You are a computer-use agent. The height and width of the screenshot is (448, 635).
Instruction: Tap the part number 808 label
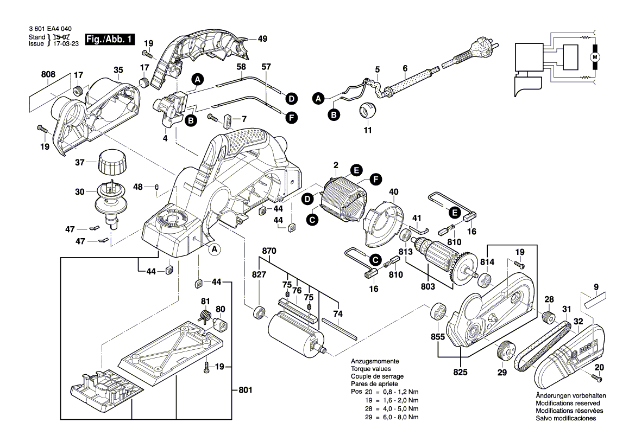tap(48, 74)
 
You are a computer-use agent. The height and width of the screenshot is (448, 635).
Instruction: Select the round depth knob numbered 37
tap(112, 162)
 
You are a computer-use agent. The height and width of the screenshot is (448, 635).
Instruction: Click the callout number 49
tap(262, 39)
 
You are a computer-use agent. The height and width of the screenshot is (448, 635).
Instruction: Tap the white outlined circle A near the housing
tap(214, 249)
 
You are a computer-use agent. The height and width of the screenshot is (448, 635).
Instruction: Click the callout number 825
tap(461, 373)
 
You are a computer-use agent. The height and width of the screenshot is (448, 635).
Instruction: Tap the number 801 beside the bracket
tap(246, 390)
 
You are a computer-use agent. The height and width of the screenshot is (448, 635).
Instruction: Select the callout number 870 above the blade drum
tap(269, 251)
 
